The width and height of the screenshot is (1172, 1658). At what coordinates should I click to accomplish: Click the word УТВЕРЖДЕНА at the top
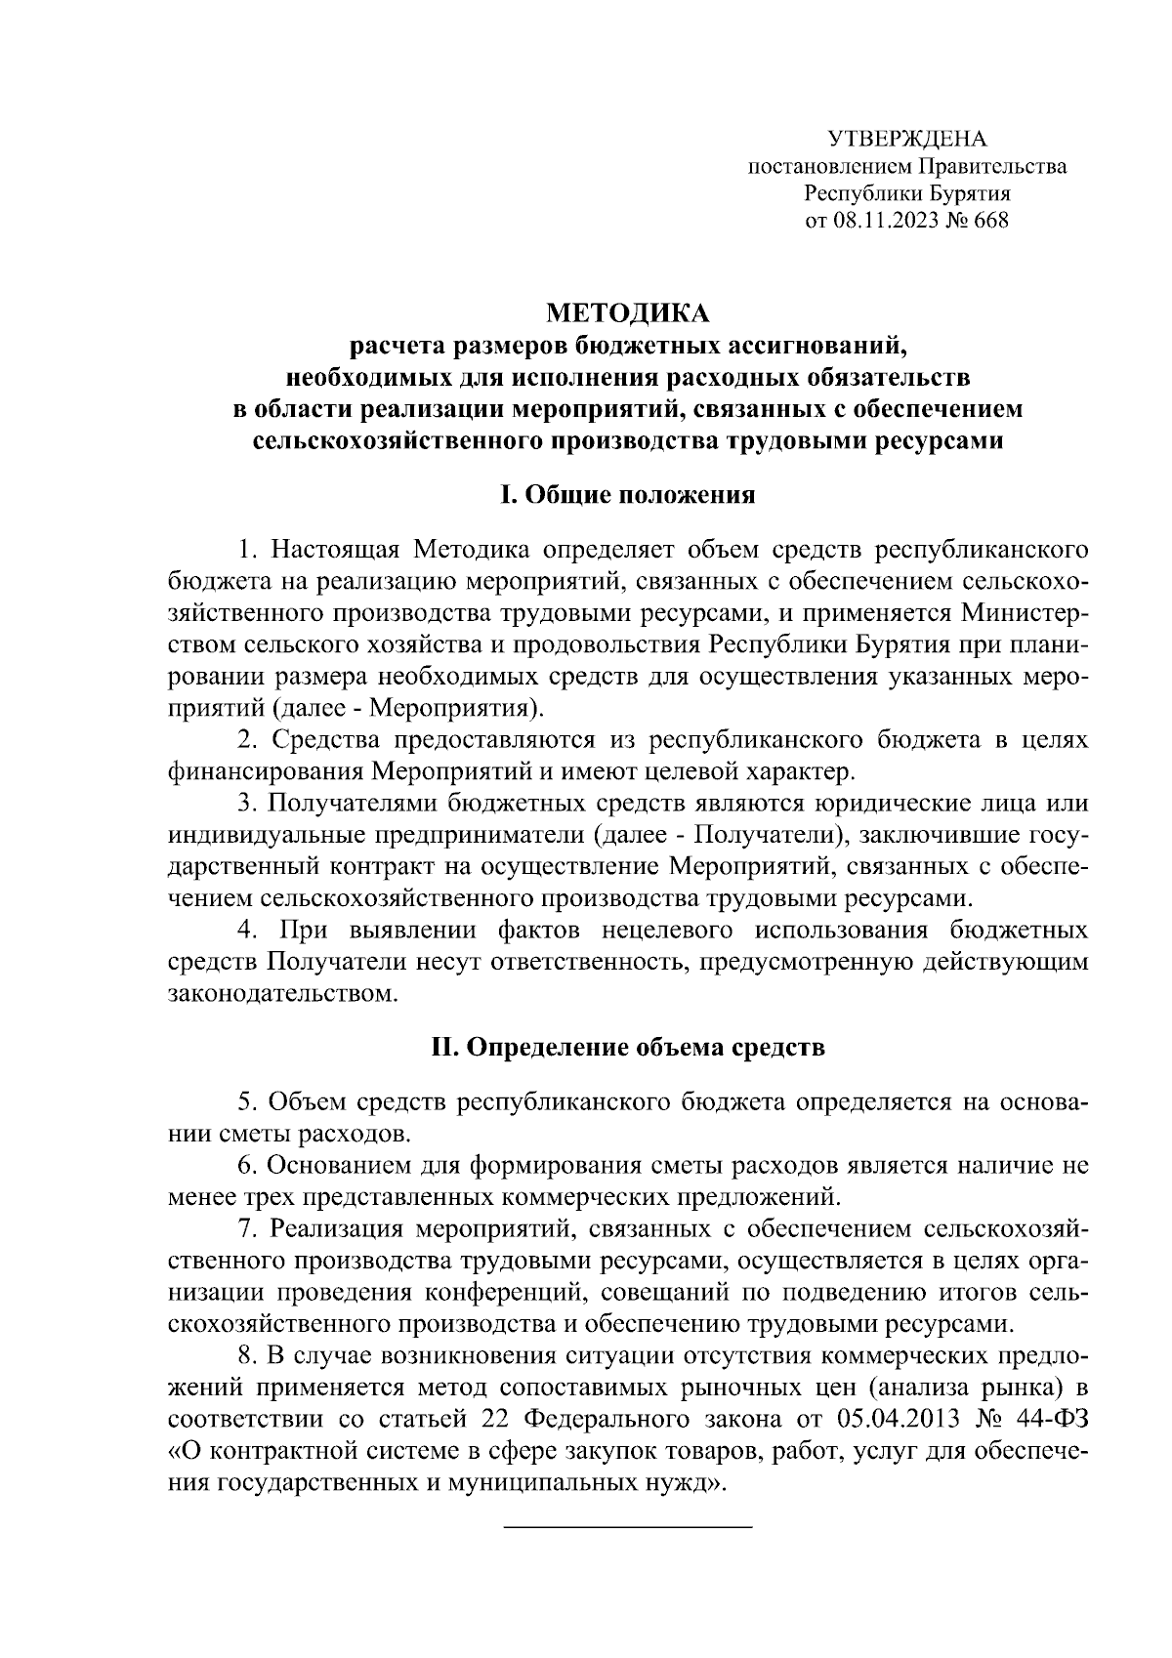[x=907, y=139]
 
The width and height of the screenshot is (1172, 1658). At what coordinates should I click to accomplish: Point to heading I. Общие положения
[x=627, y=495]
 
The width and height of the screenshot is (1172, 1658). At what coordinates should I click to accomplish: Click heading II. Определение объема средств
[x=628, y=1049]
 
